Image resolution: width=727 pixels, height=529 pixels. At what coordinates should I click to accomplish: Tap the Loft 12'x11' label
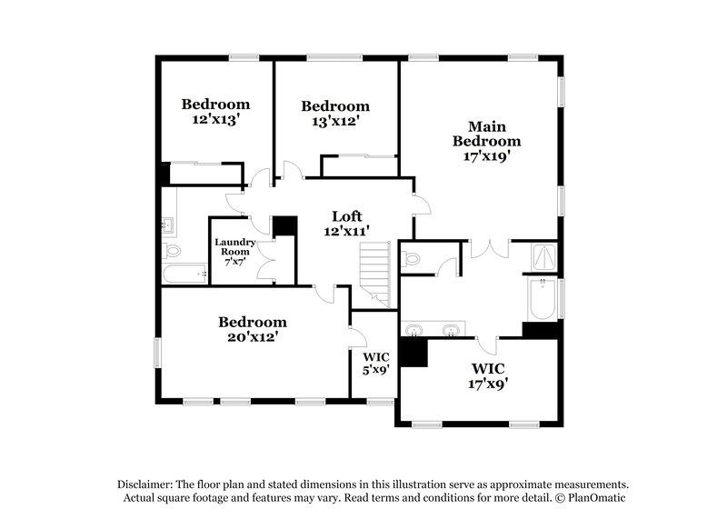pyautogui.click(x=346, y=224)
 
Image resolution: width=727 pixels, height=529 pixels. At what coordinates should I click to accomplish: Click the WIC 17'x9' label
pyautogui.click(x=488, y=376)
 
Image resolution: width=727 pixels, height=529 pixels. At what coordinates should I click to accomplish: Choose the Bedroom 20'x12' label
pyautogui.click(x=253, y=329)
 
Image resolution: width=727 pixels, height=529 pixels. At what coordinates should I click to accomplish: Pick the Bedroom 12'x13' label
pyautogui.click(x=215, y=111)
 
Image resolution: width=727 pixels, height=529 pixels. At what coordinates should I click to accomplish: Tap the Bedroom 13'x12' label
pyautogui.click(x=335, y=113)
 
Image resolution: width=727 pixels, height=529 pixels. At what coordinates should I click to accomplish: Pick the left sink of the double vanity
pyautogui.click(x=415, y=329)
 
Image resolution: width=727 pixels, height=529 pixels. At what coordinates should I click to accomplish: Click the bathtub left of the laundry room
pyautogui.click(x=185, y=274)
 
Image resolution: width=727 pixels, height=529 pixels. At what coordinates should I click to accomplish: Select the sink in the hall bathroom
pyautogui.click(x=168, y=224)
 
